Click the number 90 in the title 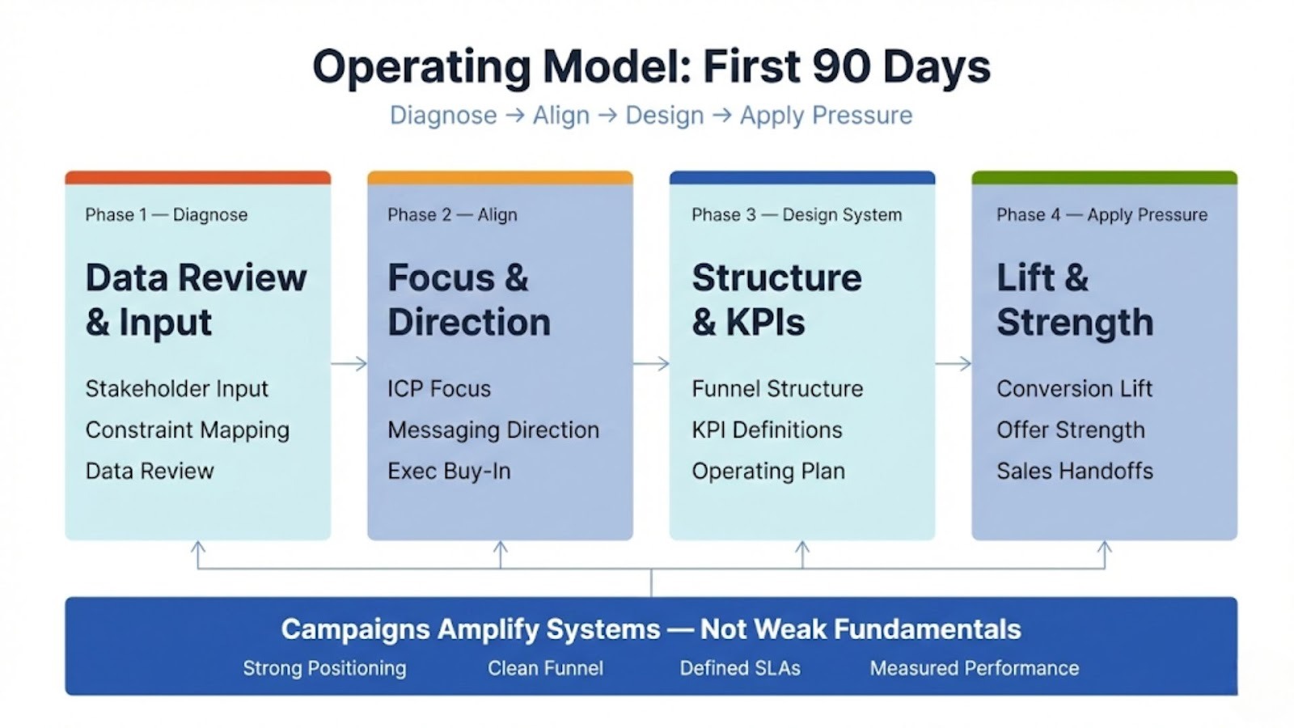[841, 67]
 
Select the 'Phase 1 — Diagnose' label [167, 215]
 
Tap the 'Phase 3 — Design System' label [797, 215]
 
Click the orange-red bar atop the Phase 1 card [197, 177]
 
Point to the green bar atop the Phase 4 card [1105, 177]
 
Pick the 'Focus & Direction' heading [469, 299]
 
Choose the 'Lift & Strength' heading [1075, 299]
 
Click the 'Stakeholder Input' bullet [177, 389]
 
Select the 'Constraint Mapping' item [188, 430]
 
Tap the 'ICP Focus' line [439, 389]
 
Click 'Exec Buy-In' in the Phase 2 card [450, 472]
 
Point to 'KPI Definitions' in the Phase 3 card [768, 430]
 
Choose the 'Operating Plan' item [768, 472]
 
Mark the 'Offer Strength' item [1071, 430]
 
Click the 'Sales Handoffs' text [1075, 471]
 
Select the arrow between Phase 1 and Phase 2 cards [349, 363]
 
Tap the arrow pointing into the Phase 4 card [954, 363]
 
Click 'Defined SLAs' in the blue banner [740, 668]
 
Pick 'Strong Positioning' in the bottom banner [324, 669]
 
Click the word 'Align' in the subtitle [561, 116]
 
